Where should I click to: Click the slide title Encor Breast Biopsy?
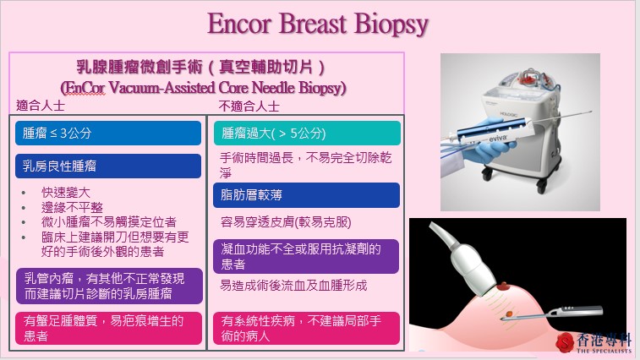point(320,25)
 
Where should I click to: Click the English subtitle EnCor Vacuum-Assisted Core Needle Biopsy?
point(204,86)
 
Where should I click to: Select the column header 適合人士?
point(41,107)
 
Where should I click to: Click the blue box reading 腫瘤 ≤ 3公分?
point(108,134)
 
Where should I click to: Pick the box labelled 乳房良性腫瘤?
point(108,165)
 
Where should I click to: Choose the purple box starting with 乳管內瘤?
point(108,286)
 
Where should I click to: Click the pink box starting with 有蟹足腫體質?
point(108,328)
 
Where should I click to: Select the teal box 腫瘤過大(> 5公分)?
point(306,134)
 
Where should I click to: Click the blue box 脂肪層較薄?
point(306,195)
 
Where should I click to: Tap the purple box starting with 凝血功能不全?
point(306,256)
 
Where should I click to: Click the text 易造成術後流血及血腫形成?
point(293,286)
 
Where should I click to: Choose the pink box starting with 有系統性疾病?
point(306,328)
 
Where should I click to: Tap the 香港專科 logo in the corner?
point(594,341)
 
